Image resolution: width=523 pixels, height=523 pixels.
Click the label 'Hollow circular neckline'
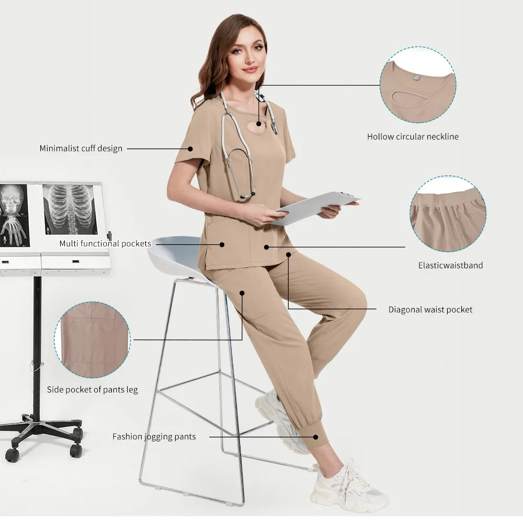click(413, 137)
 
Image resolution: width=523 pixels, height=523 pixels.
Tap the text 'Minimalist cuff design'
click(81, 149)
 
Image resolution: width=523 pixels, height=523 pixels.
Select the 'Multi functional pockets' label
click(105, 244)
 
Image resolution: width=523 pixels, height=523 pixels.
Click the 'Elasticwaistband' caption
click(450, 265)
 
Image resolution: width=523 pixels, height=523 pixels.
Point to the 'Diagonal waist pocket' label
click(430, 310)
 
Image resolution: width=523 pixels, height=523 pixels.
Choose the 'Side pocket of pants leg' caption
click(93, 390)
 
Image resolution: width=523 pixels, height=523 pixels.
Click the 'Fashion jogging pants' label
click(154, 436)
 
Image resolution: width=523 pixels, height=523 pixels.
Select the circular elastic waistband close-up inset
click(448, 213)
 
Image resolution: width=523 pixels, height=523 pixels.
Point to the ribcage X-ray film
click(70, 209)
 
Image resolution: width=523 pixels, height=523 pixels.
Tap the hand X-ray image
click(13, 230)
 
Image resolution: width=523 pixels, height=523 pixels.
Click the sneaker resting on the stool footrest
click(280, 418)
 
